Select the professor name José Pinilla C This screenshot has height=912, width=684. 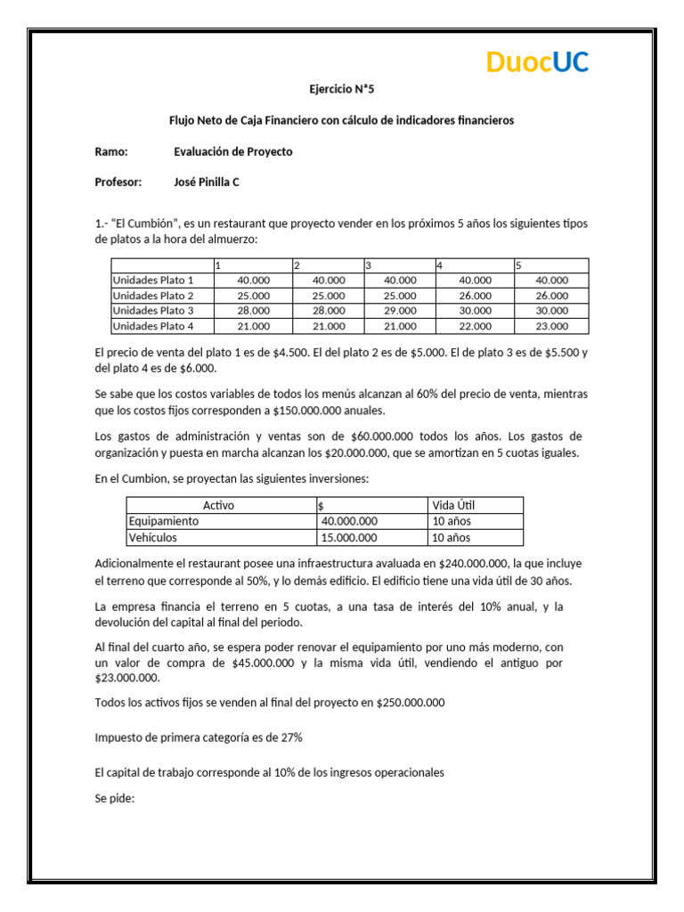(x=207, y=182)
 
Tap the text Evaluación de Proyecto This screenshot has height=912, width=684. (x=232, y=151)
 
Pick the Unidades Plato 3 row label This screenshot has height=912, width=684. (x=152, y=310)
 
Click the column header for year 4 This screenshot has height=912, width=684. (x=440, y=265)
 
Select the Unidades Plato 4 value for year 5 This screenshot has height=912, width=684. (x=551, y=326)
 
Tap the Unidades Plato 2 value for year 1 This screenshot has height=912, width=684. (x=253, y=295)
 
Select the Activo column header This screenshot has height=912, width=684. (x=219, y=505)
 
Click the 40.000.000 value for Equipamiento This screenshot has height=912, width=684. (x=349, y=521)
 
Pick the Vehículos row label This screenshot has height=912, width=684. (x=153, y=537)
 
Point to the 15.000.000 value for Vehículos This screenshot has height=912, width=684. (x=349, y=537)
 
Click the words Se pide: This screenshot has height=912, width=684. (x=114, y=798)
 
